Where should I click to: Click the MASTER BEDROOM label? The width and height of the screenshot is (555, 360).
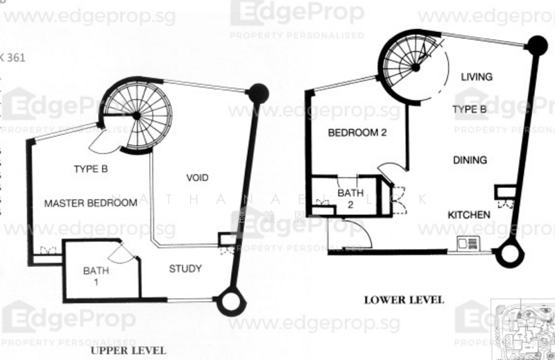(90, 203)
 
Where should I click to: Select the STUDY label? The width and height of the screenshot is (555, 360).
(185, 268)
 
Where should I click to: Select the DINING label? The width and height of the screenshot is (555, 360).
(470, 160)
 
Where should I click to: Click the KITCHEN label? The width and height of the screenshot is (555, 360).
(468, 215)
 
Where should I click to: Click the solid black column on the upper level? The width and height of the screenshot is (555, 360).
(257, 92)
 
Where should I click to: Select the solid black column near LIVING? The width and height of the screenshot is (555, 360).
(535, 46)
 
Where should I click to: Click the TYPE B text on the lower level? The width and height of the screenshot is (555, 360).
(470, 110)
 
